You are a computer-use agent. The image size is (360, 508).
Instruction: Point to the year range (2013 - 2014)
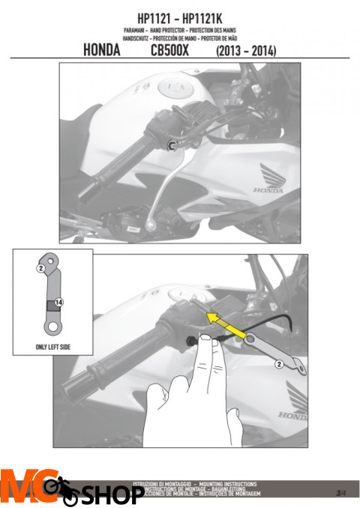pyautogui.click(x=245, y=52)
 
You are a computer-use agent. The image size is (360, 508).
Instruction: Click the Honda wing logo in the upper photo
pyautogui.click(x=268, y=177)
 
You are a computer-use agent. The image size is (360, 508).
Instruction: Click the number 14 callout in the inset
pyautogui.click(x=59, y=302)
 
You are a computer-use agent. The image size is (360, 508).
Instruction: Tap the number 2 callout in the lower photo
pyautogui.click(x=278, y=364)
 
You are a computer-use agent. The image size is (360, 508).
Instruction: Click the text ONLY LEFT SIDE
pyautogui.click(x=52, y=348)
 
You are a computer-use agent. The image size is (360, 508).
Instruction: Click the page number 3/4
pyautogui.click(x=341, y=492)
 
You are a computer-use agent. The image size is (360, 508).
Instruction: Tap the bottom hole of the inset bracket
pyautogui.click(x=52, y=327)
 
